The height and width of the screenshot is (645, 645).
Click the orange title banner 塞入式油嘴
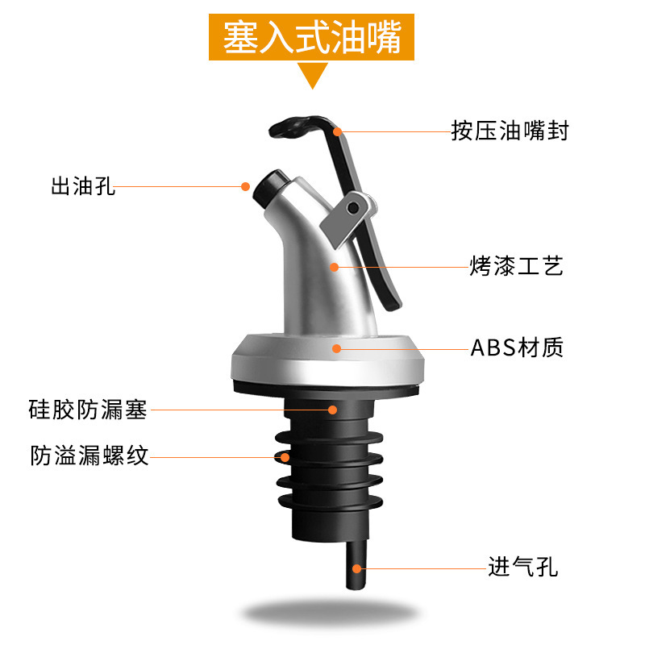[312, 38]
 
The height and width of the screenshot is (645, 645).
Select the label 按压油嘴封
[510, 131]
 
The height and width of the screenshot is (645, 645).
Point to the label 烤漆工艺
[517, 265]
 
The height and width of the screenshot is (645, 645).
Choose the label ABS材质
[517, 348]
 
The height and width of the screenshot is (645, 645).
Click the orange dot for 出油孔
[245, 186]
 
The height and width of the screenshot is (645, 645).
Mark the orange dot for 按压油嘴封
[338, 130]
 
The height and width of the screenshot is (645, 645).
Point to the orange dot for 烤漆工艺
[333, 265]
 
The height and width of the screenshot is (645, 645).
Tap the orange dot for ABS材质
[337, 348]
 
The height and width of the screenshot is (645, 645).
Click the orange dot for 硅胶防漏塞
[332, 410]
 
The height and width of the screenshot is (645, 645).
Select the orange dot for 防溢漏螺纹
[285, 457]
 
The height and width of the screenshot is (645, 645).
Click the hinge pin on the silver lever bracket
[353, 208]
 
